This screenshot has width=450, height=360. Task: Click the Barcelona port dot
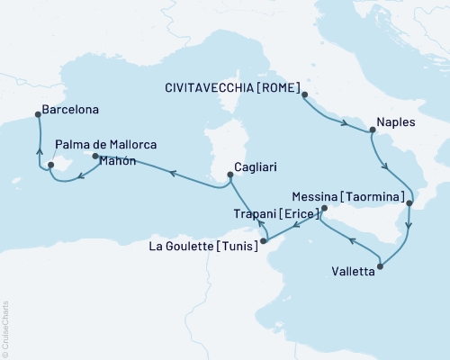point(37,113)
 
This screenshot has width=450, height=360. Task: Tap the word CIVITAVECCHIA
point(208,88)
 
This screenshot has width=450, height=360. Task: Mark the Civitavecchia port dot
point(304,94)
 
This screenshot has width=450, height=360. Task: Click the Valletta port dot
point(381,266)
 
